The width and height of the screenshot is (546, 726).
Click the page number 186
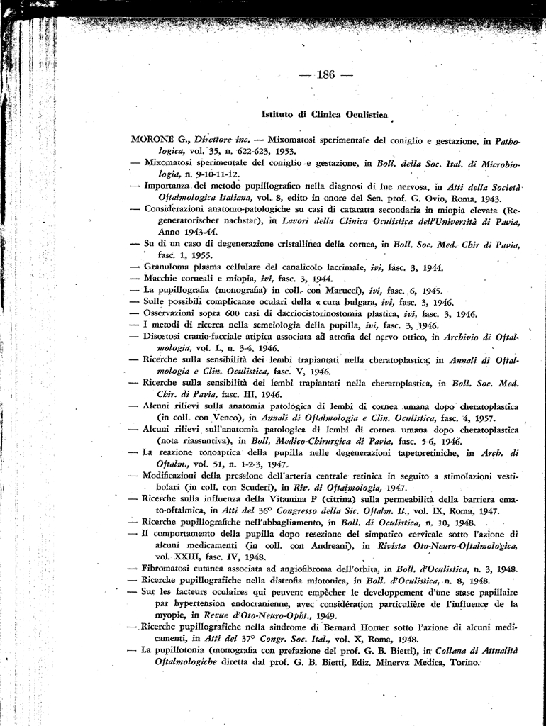point(325,74)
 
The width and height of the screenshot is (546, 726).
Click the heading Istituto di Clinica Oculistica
point(325,113)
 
